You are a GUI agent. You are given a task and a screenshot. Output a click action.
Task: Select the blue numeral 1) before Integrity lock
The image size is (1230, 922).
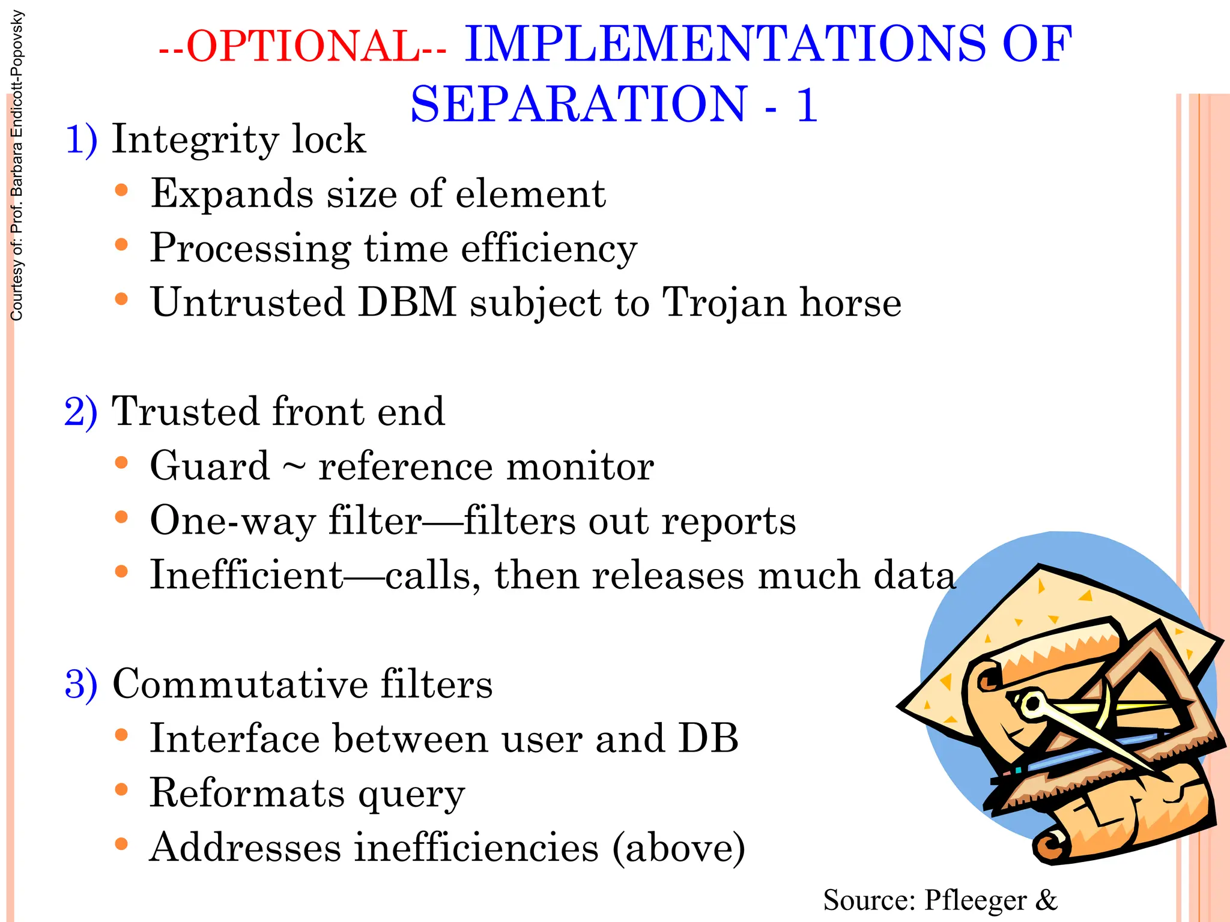(x=81, y=140)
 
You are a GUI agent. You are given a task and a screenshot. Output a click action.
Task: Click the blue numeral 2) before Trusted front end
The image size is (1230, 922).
(x=81, y=412)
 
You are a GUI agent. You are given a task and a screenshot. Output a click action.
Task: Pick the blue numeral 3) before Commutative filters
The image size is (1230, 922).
(x=81, y=684)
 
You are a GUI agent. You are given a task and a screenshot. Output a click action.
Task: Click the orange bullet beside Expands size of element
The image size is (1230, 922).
(x=121, y=191)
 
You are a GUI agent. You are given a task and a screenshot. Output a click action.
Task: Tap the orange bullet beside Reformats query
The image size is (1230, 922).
(x=121, y=789)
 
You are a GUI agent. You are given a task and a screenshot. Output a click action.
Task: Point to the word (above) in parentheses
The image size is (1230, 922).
(x=679, y=848)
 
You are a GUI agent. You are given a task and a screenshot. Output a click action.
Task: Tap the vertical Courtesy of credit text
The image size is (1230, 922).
(x=17, y=165)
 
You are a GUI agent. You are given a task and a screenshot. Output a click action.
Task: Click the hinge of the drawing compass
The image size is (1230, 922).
(x=1032, y=704)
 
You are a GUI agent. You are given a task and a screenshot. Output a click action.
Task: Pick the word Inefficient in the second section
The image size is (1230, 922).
(x=246, y=575)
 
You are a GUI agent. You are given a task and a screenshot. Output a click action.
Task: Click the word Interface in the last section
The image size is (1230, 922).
(x=234, y=738)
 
